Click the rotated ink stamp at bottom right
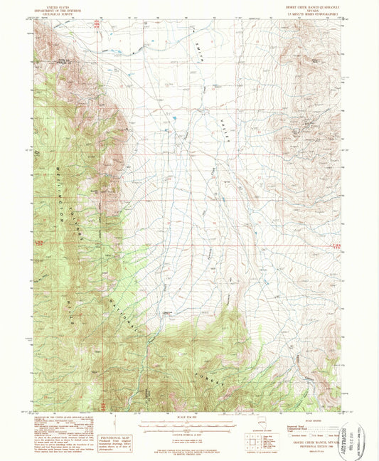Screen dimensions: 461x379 click(356, 430)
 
